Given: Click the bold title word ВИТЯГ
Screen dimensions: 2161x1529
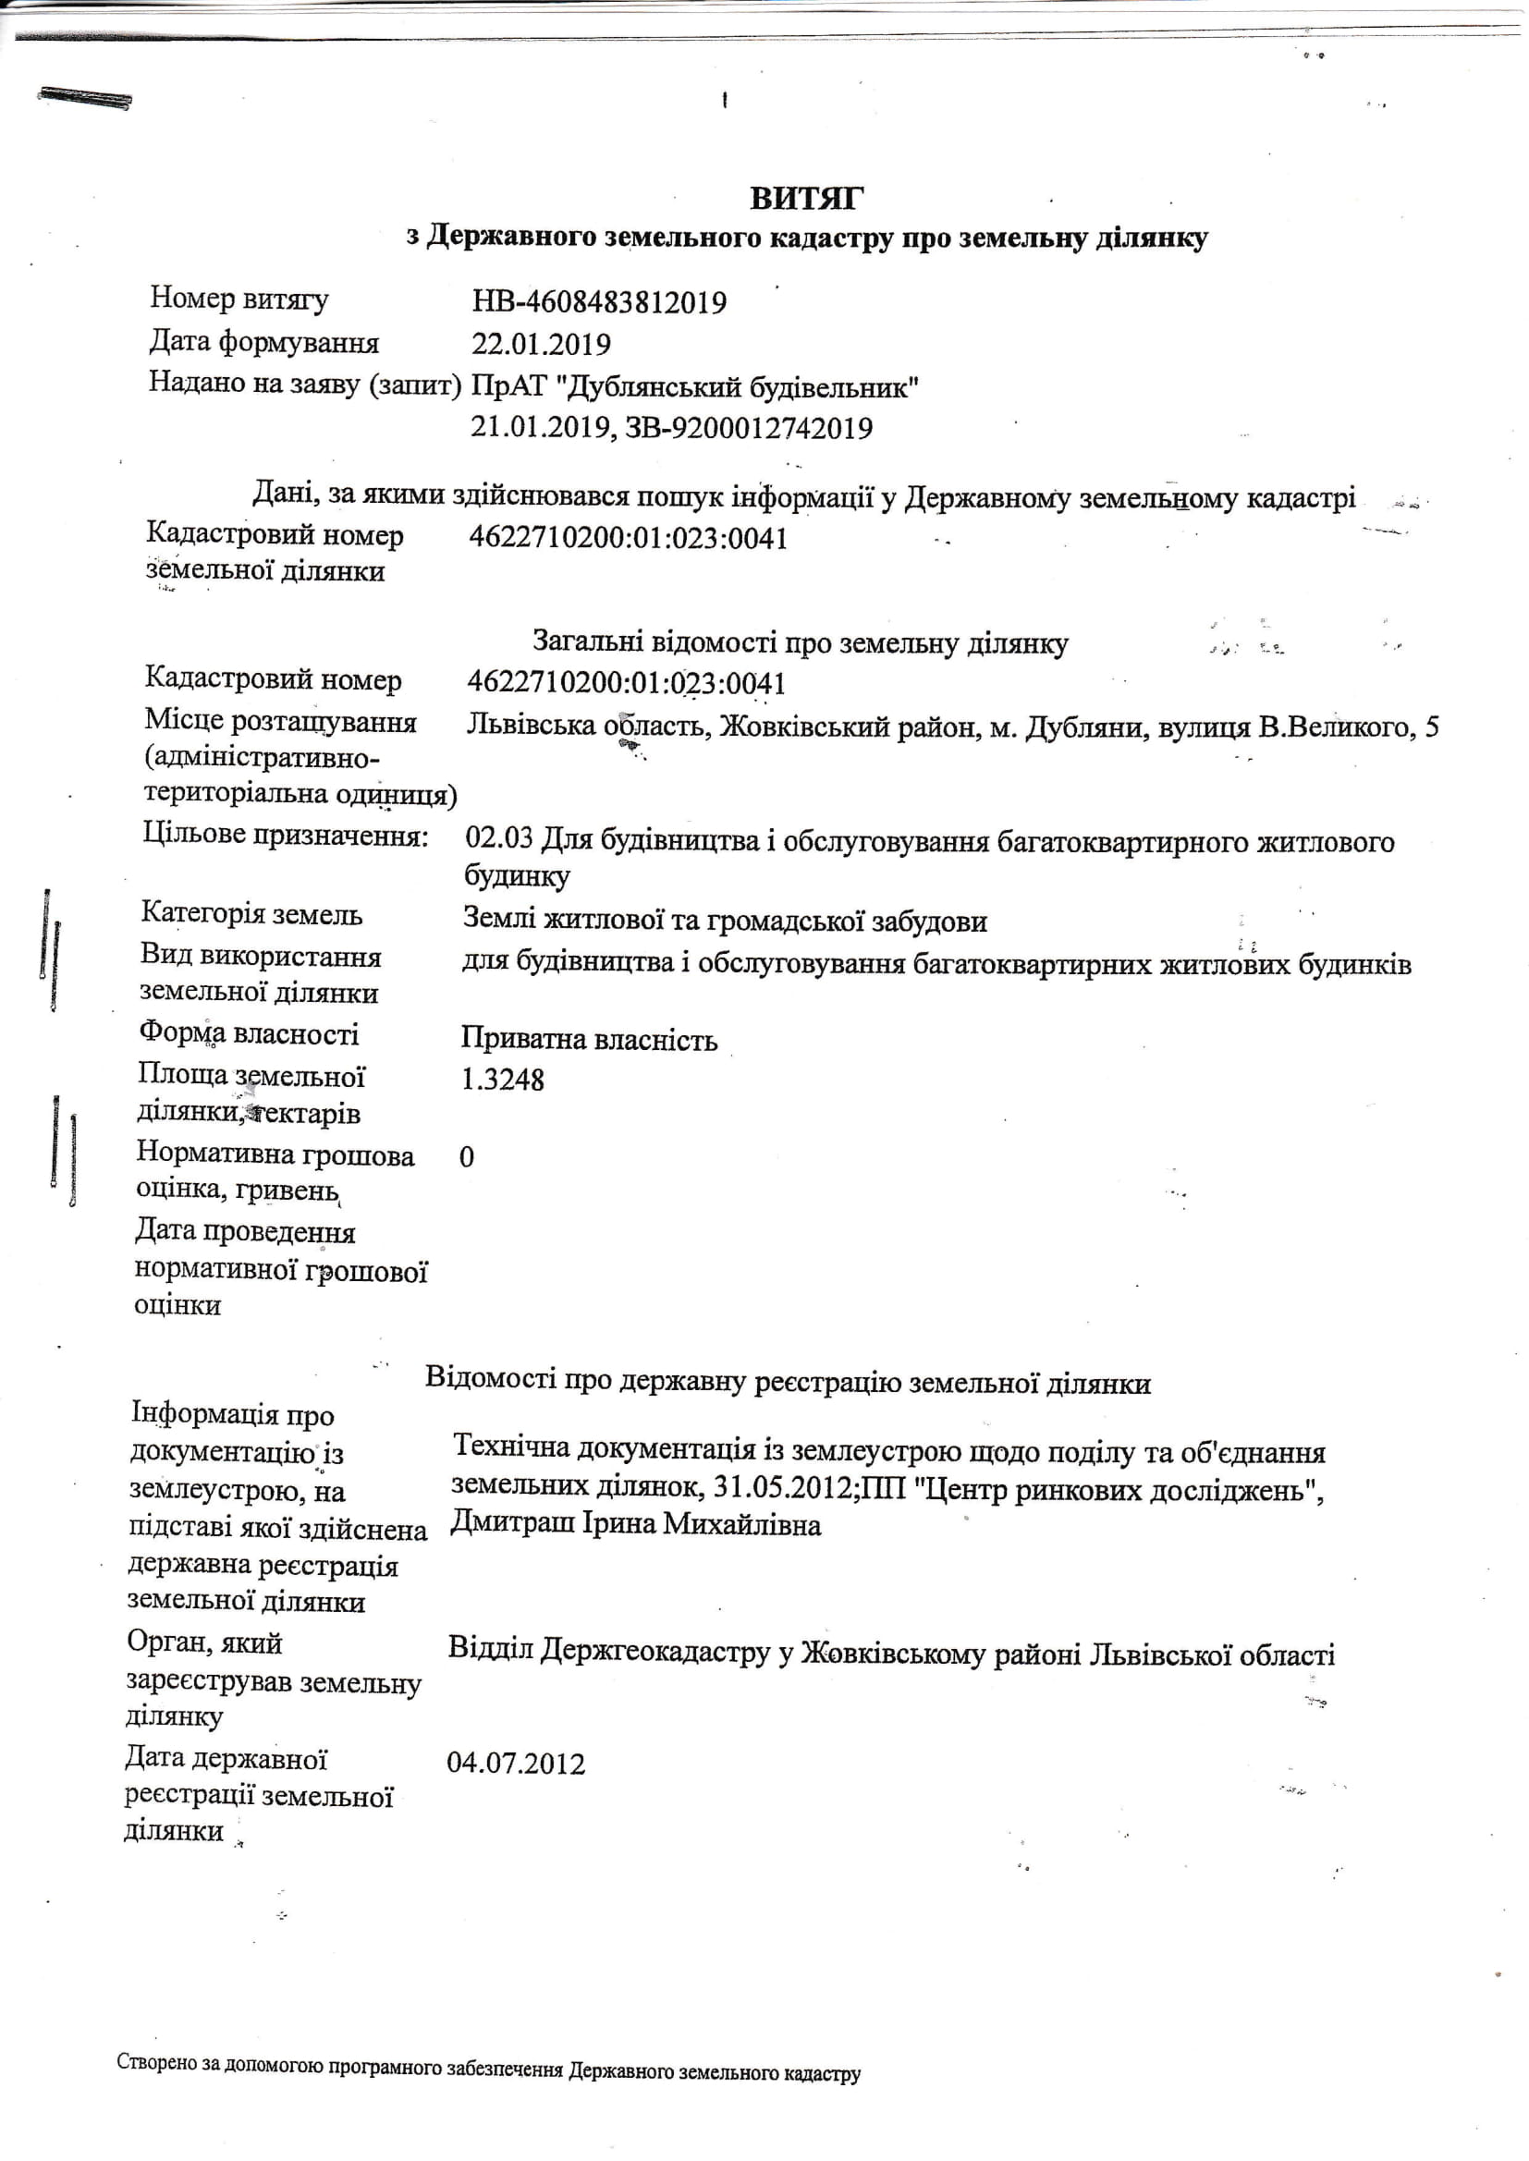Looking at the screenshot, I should click(x=806, y=198).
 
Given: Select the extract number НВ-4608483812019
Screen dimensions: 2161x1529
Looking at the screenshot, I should click(x=599, y=302).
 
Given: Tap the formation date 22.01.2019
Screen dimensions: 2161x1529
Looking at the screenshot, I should click(x=541, y=345).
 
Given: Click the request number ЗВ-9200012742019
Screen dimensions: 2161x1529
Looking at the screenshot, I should click(x=749, y=428).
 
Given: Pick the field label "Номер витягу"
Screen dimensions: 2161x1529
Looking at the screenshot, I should click(x=239, y=299).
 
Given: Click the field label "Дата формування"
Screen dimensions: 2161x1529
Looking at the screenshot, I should click(x=263, y=342).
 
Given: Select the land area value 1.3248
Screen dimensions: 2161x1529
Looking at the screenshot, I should click(x=502, y=1080).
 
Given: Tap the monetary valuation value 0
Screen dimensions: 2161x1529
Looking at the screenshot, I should click(x=466, y=1156).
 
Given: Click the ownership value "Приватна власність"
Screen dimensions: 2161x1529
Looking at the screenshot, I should click(x=589, y=1039).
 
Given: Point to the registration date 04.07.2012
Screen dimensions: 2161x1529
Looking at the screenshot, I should click(x=515, y=1763).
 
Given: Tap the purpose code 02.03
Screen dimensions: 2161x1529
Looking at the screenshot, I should click(x=498, y=837).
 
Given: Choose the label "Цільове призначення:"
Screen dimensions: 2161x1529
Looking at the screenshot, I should click(x=286, y=835).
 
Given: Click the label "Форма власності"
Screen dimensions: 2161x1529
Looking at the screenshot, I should click(x=249, y=1033).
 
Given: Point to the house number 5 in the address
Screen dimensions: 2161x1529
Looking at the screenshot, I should click(x=1431, y=727).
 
